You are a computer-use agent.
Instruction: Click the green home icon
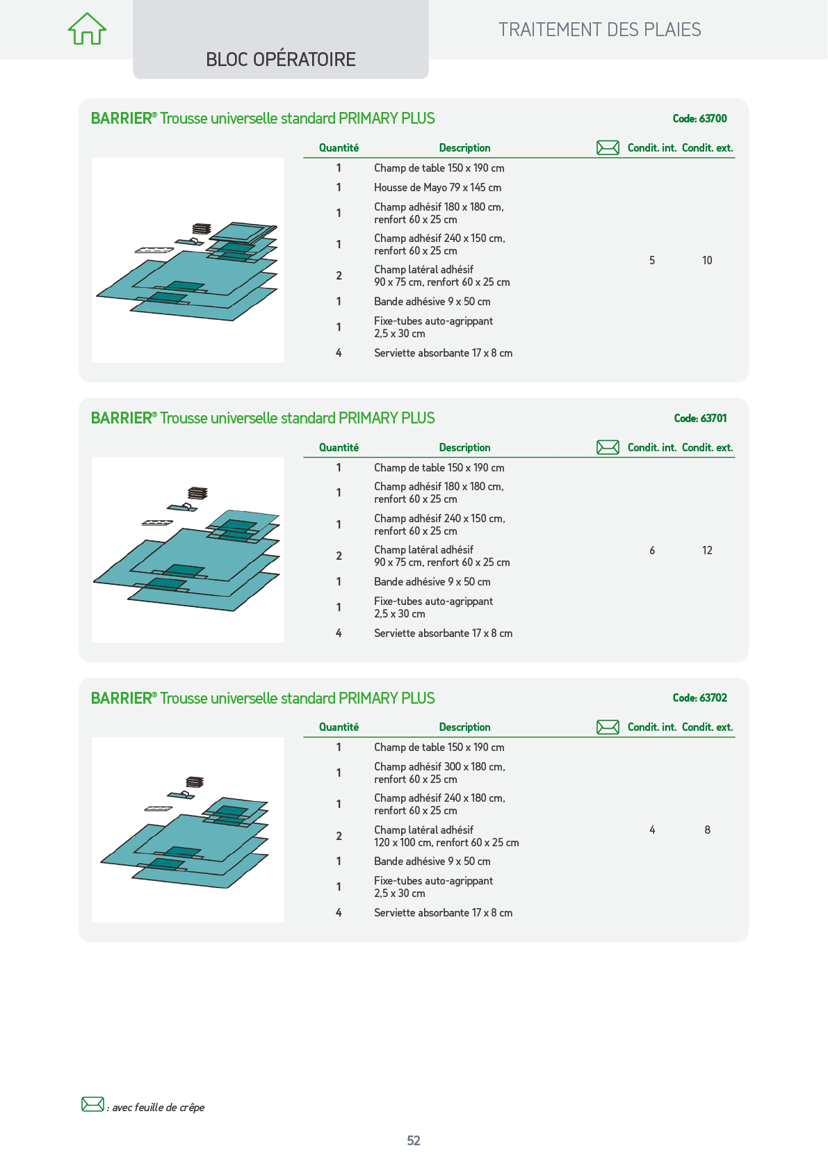87,29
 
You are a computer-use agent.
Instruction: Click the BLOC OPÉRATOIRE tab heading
281,60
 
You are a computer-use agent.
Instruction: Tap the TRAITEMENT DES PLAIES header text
599,30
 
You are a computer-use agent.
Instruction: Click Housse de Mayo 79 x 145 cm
437,187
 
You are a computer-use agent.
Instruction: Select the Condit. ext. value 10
707,260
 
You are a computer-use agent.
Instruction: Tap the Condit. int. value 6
652,551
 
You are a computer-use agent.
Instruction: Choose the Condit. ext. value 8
707,830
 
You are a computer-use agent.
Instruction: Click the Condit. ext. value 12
707,551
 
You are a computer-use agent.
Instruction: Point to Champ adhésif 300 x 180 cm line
439,766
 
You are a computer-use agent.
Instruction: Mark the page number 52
414,1140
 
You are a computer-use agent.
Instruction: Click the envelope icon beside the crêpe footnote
92,1104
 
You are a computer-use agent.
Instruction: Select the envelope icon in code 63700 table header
608,148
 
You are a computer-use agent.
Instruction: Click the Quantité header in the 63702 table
339,727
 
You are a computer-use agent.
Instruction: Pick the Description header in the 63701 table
464,448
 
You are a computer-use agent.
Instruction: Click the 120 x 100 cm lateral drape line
446,842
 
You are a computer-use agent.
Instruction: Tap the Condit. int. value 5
652,260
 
